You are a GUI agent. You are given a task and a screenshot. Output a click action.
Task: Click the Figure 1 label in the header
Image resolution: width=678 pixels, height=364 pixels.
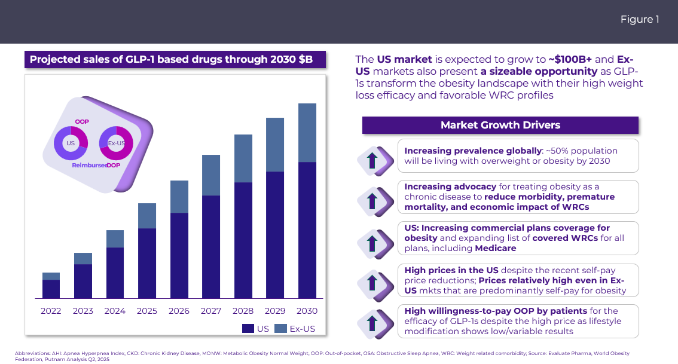point(639,20)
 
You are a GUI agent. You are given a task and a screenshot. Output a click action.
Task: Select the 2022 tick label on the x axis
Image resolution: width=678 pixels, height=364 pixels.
point(51,311)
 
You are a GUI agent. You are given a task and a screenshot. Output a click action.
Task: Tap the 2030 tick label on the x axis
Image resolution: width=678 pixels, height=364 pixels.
point(307,311)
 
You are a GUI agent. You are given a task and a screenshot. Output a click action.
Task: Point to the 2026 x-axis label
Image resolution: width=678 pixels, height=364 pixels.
point(179,311)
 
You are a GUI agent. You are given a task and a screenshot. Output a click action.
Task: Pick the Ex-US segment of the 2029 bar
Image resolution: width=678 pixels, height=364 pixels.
point(274,145)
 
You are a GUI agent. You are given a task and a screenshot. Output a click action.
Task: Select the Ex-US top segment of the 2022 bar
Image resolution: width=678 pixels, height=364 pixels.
point(51,276)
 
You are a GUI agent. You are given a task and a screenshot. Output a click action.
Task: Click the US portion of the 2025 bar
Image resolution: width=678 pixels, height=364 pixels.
point(146,263)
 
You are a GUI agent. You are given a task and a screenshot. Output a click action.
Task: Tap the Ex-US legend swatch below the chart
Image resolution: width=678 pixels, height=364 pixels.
point(281,328)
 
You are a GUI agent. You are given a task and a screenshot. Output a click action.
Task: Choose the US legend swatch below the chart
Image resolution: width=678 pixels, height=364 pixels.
point(248,328)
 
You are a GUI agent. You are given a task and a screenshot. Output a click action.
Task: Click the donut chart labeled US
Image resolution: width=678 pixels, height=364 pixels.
point(71,143)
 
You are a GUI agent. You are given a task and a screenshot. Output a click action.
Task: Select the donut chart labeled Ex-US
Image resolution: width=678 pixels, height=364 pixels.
point(116,143)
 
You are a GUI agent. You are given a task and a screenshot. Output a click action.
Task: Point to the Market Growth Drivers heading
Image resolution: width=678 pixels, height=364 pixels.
point(500,125)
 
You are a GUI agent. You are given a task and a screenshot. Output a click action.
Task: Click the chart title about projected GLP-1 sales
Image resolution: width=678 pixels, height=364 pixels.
point(171,60)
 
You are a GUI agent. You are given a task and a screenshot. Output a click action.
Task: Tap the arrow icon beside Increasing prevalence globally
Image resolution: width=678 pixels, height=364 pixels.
point(372,160)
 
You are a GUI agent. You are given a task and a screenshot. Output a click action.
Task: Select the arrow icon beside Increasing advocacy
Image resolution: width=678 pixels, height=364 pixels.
point(372,201)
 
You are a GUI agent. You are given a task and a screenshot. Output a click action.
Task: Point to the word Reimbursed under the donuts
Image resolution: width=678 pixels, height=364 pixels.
point(89,165)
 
